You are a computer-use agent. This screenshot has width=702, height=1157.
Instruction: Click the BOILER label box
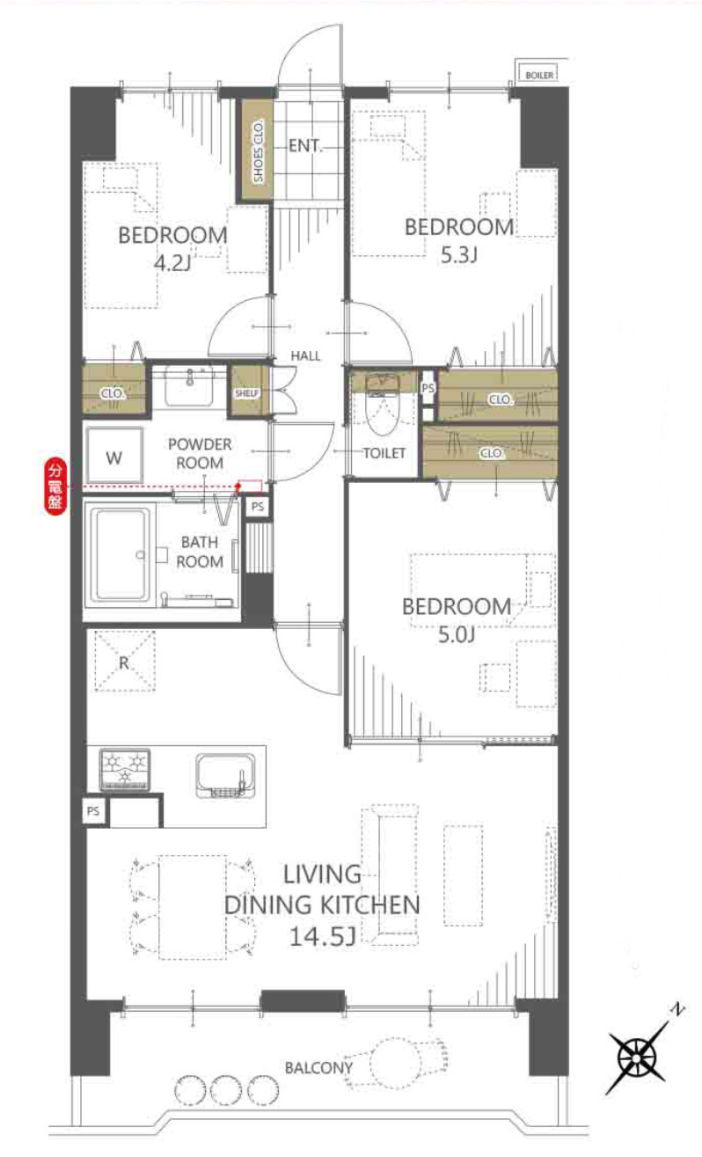[538, 75]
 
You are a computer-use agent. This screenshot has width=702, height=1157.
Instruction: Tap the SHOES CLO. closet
[258, 150]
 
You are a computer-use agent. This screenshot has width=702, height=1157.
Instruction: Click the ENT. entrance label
[305, 146]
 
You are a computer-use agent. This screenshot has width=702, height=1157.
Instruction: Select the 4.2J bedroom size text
[172, 263]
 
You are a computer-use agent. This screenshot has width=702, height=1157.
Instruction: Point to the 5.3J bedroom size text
[458, 255]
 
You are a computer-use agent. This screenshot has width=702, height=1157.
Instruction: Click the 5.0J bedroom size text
[457, 634]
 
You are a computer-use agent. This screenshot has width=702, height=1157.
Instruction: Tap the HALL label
[305, 355]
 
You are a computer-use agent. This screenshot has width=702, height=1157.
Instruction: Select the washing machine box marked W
[114, 456]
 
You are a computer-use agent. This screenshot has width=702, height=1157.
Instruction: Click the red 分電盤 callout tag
[55, 487]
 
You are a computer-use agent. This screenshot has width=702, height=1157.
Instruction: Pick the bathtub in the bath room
[121, 555]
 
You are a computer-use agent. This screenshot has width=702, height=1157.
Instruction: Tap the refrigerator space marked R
[125, 662]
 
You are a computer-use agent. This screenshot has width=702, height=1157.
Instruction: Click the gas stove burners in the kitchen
[125, 769]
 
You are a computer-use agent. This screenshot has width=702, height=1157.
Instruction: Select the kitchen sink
[226, 776]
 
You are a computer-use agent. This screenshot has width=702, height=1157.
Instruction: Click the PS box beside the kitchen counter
[93, 811]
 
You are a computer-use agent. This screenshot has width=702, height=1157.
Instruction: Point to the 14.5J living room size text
[322, 936]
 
